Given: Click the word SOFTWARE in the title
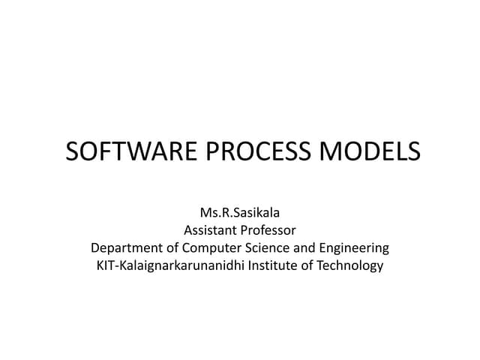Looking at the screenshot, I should coord(120,152).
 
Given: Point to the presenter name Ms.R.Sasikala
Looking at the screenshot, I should coord(240,213).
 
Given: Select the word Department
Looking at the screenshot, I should coord(126,247).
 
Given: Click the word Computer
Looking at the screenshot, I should coord(211,247).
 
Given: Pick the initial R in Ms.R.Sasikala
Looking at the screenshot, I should coord(224,213).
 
